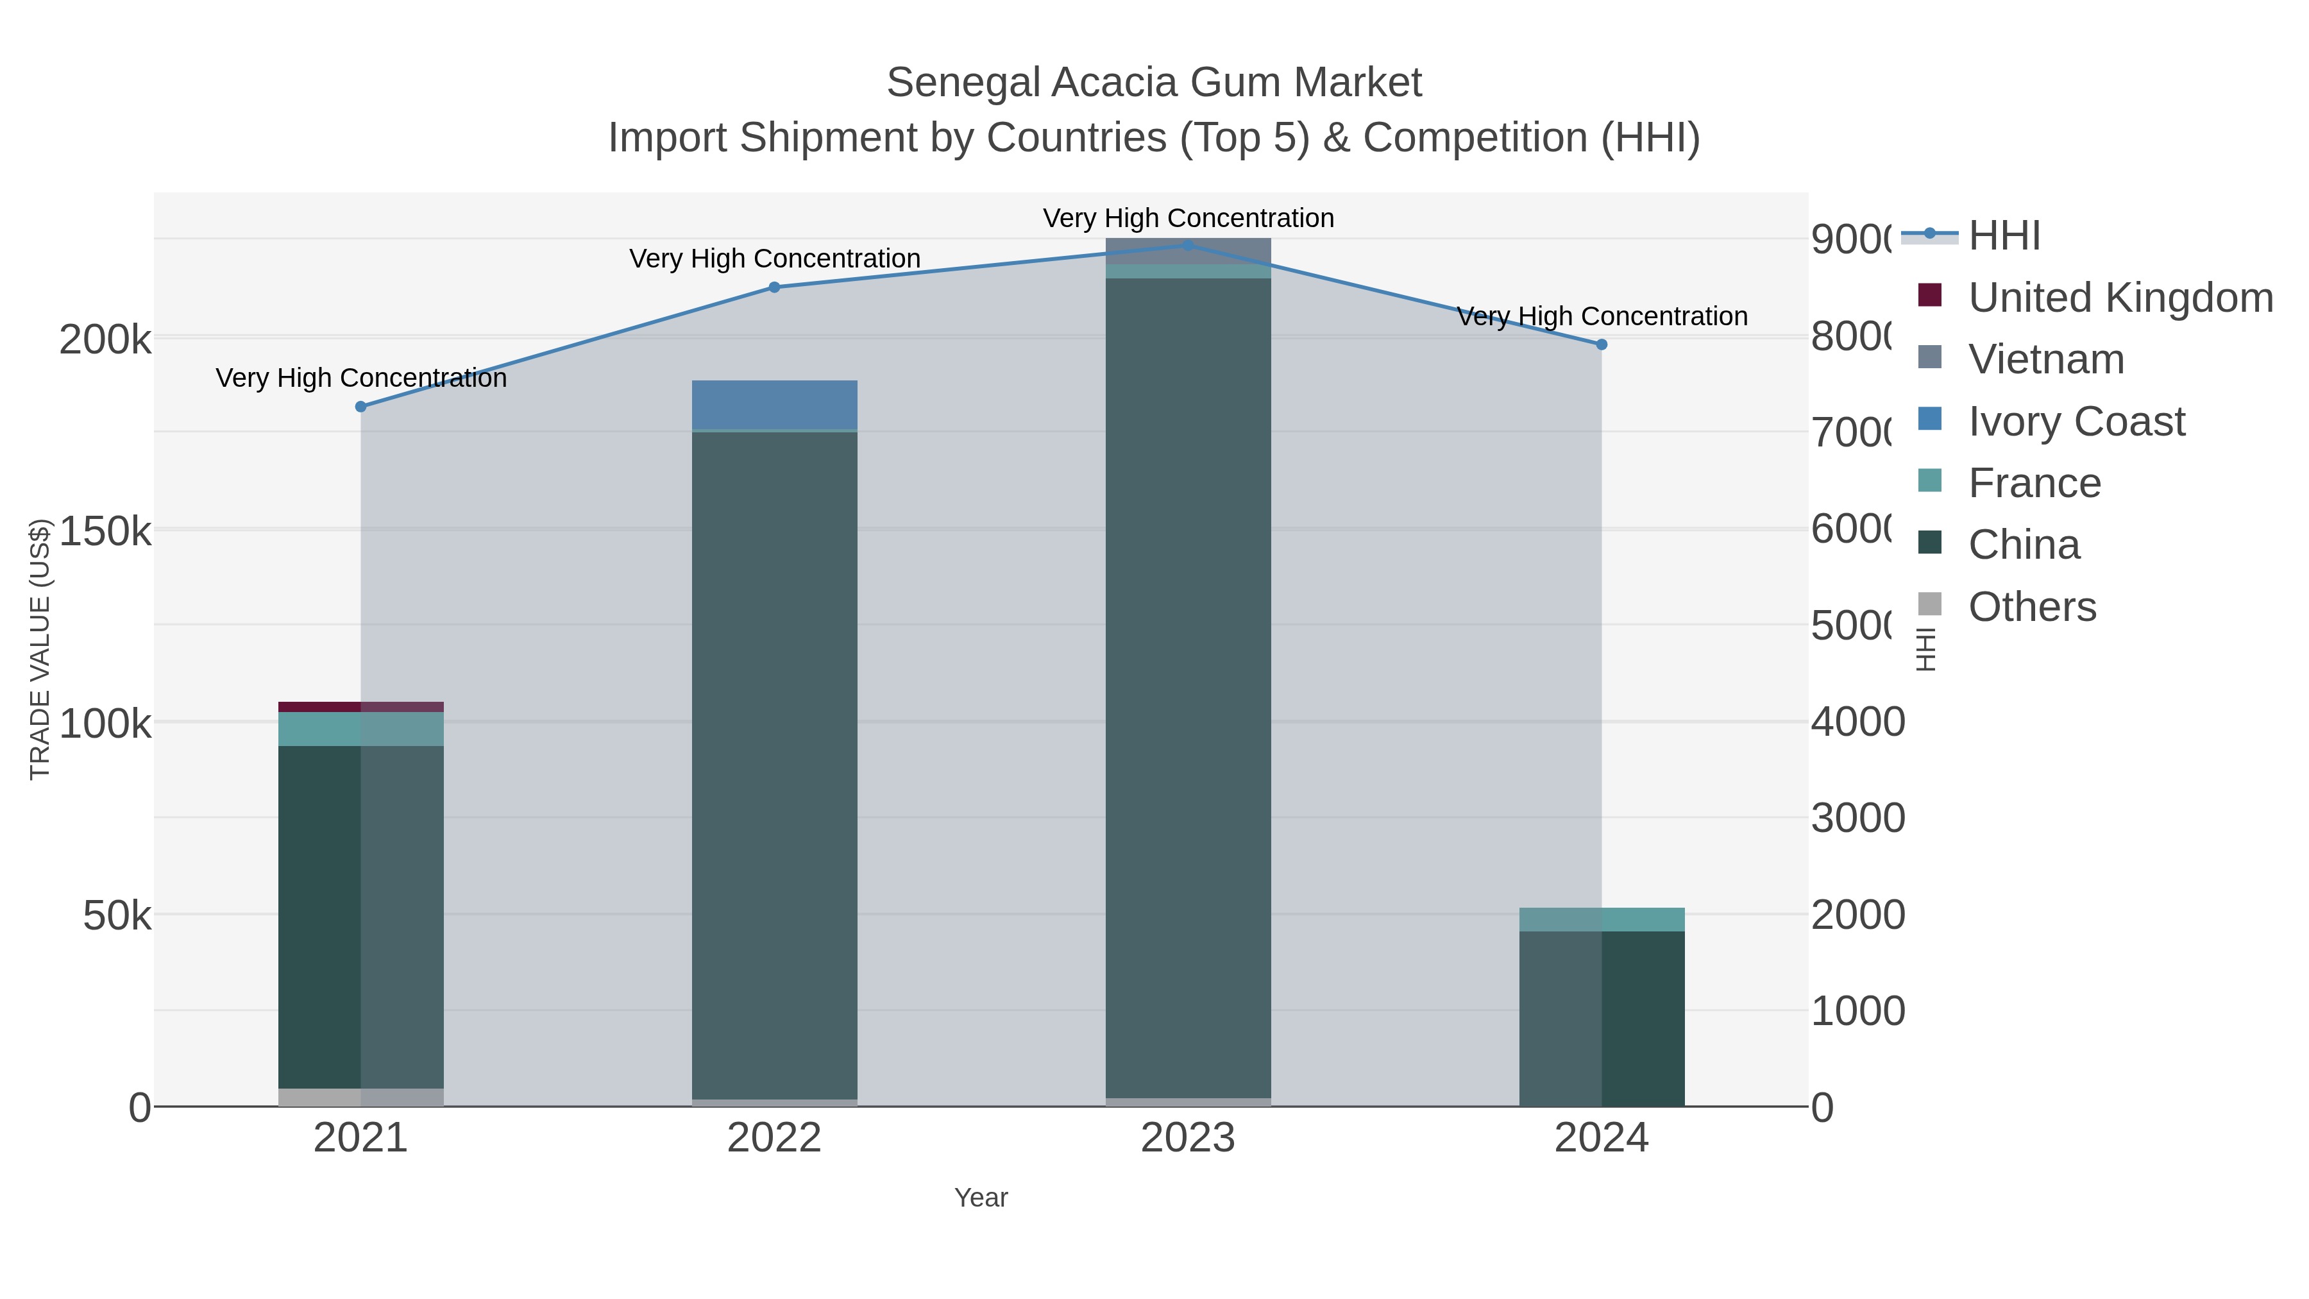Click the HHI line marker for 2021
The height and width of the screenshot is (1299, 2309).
pyautogui.click(x=361, y=407)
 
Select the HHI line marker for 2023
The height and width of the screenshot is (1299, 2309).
pyautogui.click(x=1188, y=245)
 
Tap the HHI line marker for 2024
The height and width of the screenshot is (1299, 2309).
pyautogui.click(x=1602, y=344)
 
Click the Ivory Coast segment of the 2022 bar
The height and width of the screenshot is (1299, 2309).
pyautogui.click(x=774, y=405)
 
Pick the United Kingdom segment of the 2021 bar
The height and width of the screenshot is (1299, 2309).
pyautogui.click(x=361, y=706)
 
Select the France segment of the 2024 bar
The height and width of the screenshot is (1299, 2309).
pyautogui.click(x=1602, y=920)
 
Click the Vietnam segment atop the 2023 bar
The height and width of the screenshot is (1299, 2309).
pyautogui.click(x=1188, y=251)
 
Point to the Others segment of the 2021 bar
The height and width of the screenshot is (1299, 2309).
pyautogui.click(x=361, y=1098)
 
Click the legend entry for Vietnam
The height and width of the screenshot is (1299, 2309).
pyautogui.click(x=2047, y=359)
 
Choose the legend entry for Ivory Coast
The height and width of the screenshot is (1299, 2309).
pyautogui.click(x=2076, y=421)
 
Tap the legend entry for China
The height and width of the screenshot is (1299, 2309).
pyautogui.click(x=2024, y=545)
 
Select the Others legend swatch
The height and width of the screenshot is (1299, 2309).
pyautogui.click(x=1930, y=604)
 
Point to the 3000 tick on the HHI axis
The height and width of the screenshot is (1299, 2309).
pyautogui.click(x=1857, y=819)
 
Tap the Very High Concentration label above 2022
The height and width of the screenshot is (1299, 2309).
pyautogui.click(x=774, y=258)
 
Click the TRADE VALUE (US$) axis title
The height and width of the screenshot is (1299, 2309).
pyautogui.click(x=40, y=649)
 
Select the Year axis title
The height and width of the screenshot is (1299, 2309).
pyautogui.click(x=981, y=1198)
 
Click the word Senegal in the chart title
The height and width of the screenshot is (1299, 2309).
pyautogui.click(x=963, y=83)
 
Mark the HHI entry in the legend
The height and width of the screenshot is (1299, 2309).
pyautogui.click(x=2004, y=236)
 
